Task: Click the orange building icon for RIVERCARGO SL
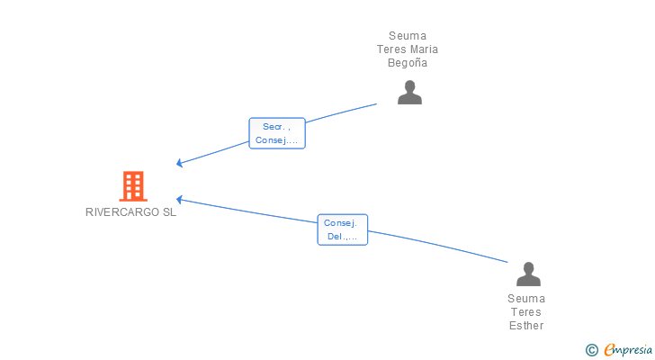click(x=133, y=186)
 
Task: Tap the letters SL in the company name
click(x=169, y=212)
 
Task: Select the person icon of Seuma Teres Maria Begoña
click(x=409, y=92)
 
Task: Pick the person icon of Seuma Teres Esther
click(x=526, y=274)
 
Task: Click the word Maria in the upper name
click(x=423, y=49)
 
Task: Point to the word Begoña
click(x=408, y=63)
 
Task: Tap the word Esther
click(x=526, y=326)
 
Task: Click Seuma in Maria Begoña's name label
click(x=408, y=36)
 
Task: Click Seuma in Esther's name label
click(x=526, y=299)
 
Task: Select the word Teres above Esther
click(x=526, y=312)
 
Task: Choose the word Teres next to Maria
click(x=391, y=49)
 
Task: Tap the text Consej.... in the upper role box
click(x=277, y=139)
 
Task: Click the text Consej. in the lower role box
click(x=341, y=223)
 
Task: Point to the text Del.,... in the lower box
click(x=342, y=237)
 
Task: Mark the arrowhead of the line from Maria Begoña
click(x=180, y=163)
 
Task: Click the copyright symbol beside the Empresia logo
click(x=591, y=350)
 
